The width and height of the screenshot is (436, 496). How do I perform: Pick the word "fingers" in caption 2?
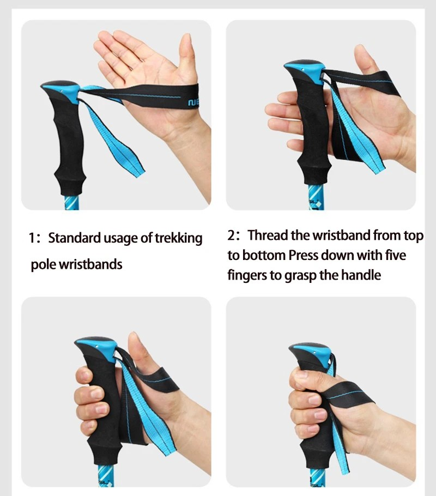click(247, 275)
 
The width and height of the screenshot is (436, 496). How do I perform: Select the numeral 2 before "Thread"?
click(232, 236)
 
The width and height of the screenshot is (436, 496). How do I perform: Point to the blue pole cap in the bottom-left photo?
click(98, 346)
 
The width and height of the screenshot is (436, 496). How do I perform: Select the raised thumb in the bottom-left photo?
click(136, 349)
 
